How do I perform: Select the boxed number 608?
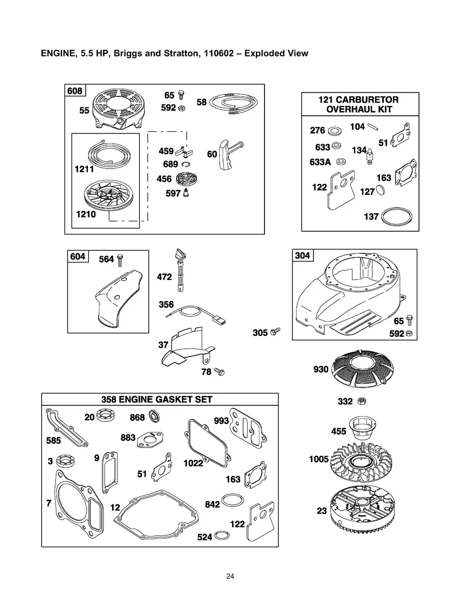click(x=75, y=91)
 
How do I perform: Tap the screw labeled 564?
click(x=121, y=260)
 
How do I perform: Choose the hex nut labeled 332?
click(x=362, y=401)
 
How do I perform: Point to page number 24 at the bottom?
click(x=230, y=576)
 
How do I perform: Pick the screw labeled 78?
click(x=219, y=372)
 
